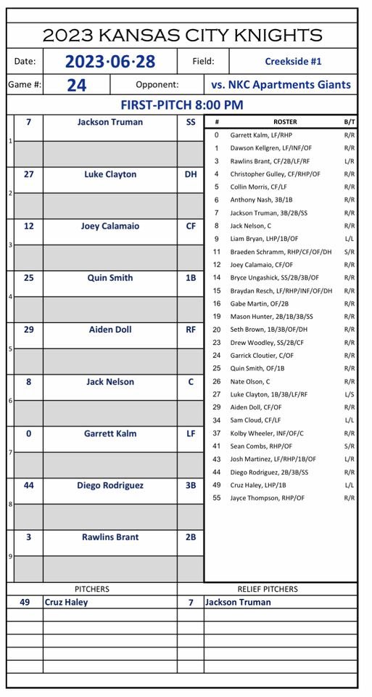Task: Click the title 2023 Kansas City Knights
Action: [x=182, y=35]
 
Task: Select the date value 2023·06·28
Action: [x=109, y=62]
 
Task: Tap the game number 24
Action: [x=76, y=85]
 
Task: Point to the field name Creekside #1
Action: [x=293, y=62]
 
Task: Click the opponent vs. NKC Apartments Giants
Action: [x=281, y=84]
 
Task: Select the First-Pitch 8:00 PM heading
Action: [x=182, y=105]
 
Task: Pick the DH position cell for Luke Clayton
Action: [x=191, y=174]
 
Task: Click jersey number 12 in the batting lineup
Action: [x=28, y=226]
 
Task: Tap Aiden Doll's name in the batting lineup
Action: [x=110, y=330]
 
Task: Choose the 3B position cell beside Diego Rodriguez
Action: [x=191, y=485]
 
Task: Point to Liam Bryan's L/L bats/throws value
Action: [x=350, y=238]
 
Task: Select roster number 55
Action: [x=216, y=498]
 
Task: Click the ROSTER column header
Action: [x=285, y=122]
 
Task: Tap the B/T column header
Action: [x=350, y=122]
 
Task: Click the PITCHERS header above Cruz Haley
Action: [x=92, y=589]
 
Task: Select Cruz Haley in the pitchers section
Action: [x=67, y=602]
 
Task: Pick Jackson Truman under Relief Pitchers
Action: [x=238, y=602]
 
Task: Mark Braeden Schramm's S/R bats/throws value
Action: [x=350, y=251]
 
